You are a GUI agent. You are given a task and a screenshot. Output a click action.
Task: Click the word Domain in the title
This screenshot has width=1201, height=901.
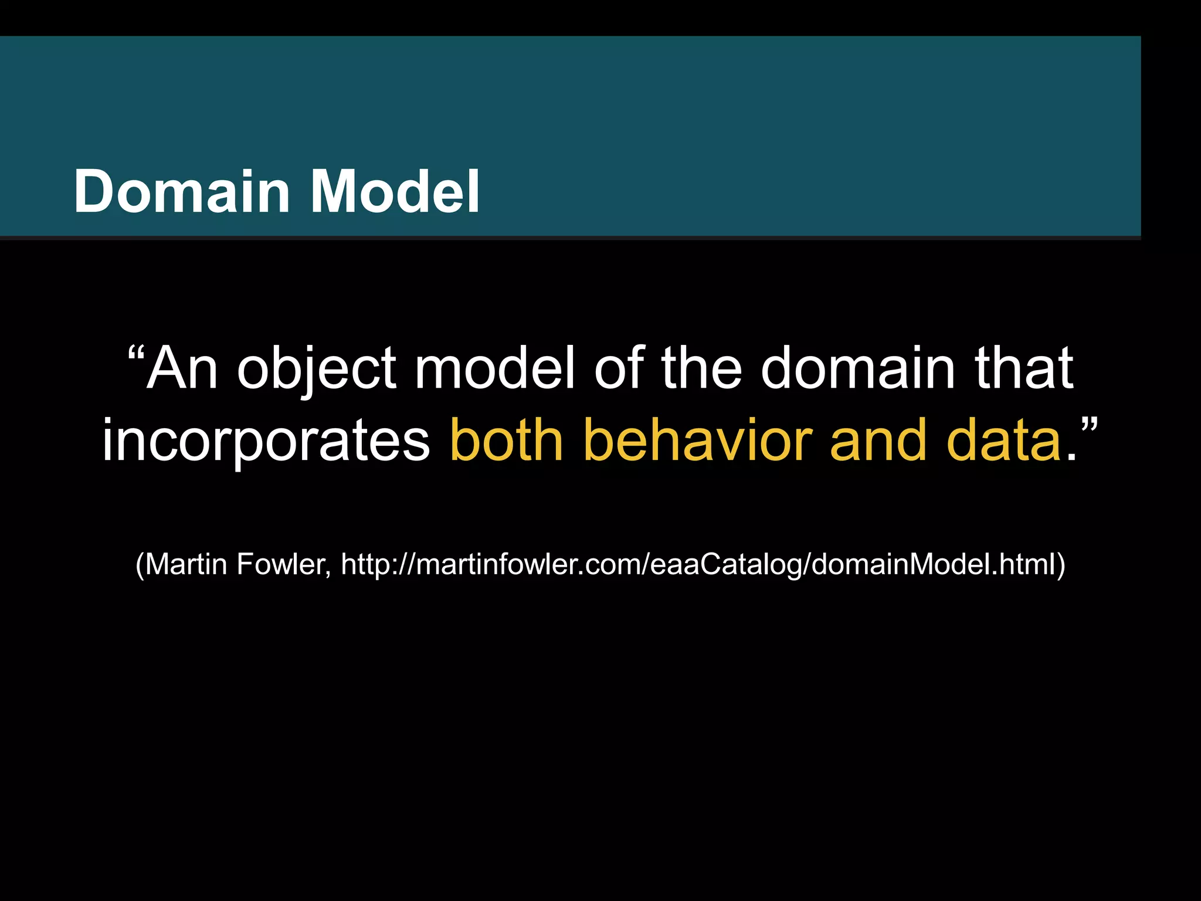coord(181,191)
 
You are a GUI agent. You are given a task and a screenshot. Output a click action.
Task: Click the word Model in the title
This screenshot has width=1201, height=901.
coord(395,191)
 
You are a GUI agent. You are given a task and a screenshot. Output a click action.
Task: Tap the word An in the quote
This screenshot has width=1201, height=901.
coord(182,368)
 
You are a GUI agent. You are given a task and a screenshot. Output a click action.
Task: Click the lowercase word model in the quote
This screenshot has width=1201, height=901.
coord(495,368)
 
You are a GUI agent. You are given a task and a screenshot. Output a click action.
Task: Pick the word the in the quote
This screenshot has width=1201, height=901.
coord(702,368)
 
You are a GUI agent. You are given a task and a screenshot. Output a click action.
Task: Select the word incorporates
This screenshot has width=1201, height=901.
coord(266,441)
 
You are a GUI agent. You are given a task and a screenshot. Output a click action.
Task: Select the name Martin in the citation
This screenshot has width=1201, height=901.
coord(185,564)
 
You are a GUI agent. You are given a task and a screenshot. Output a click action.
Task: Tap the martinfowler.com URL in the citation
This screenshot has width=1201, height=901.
coord(697,564)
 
